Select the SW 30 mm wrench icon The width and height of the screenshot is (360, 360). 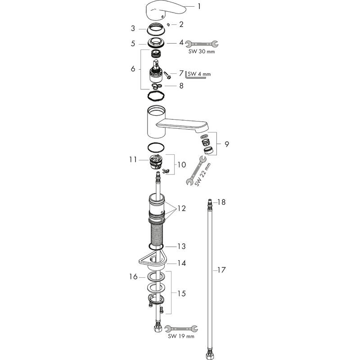click(202, 44)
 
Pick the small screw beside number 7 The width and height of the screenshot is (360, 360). click(167, 76)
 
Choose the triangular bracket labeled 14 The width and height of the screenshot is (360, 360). click(153, 260)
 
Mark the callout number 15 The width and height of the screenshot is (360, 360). click(182, 293)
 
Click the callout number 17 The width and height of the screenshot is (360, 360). click(221, 270)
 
